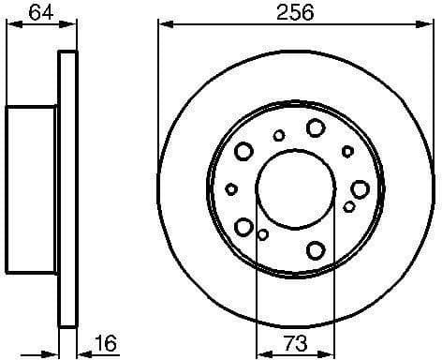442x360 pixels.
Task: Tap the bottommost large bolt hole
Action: (x=315, y=248)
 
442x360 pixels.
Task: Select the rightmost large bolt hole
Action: (x=361, y=187)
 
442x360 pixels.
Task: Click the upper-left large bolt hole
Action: (x=244, y=150)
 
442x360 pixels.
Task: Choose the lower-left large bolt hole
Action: (x=244, y=226)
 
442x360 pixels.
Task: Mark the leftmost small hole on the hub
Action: (x=231, y=188)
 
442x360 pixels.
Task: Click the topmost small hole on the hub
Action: (x=279, y=135)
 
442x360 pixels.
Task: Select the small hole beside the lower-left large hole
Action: (x=263, y=234)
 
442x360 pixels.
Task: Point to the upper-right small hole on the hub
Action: (x=347, y=150)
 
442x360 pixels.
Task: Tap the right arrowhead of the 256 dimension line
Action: (x=428, y=22)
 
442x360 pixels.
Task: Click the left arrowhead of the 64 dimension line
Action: (x=9, y=22)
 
